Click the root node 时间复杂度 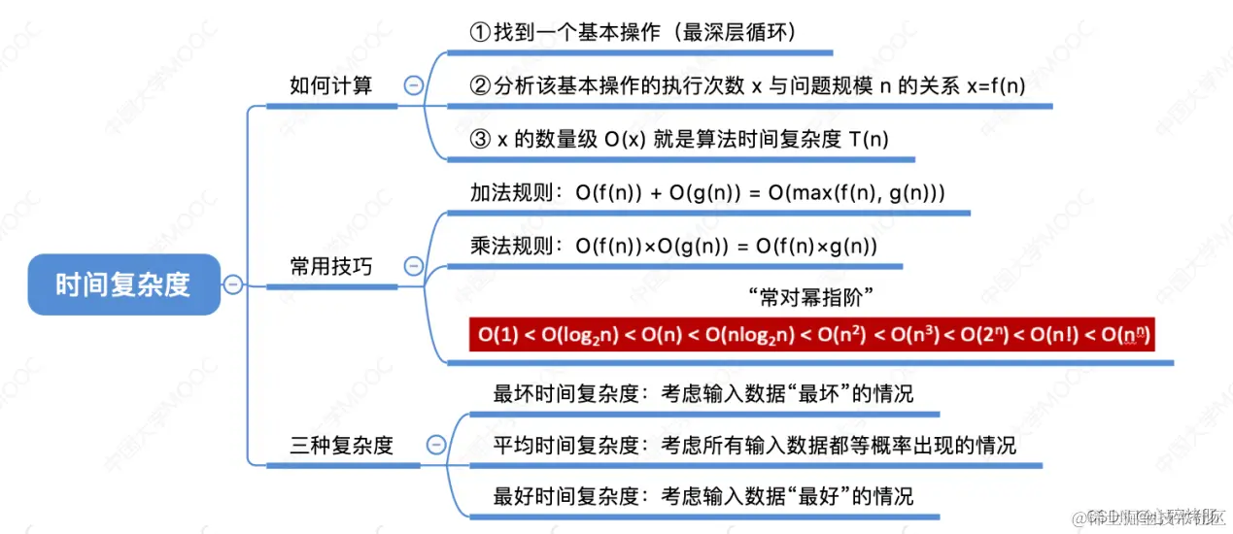(123, 284)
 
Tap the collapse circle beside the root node (232, 284)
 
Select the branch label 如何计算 (330, 85)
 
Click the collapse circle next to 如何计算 (413, 85)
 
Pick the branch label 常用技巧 (330, 266)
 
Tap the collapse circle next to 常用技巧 (413, 266)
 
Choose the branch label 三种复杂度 (342, 446)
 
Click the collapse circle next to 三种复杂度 (436, 446)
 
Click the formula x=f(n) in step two (996, 85)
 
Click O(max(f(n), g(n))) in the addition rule (856, 193)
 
